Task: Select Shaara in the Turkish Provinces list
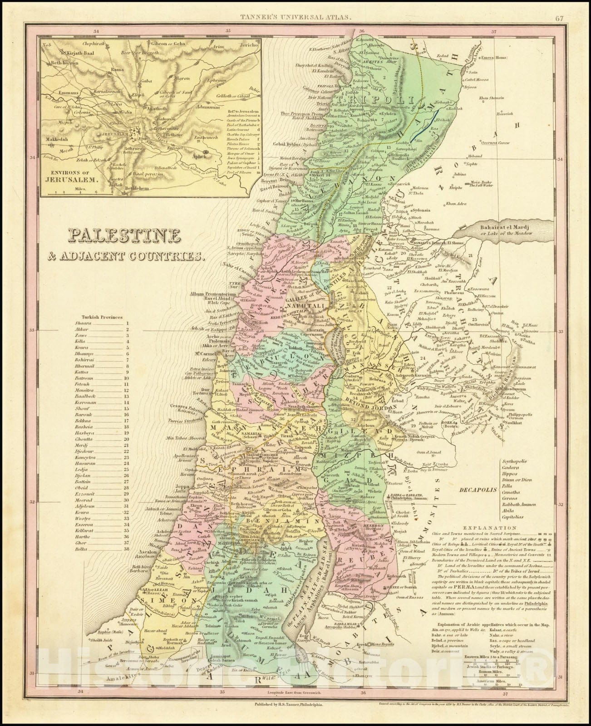pos(84,323)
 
